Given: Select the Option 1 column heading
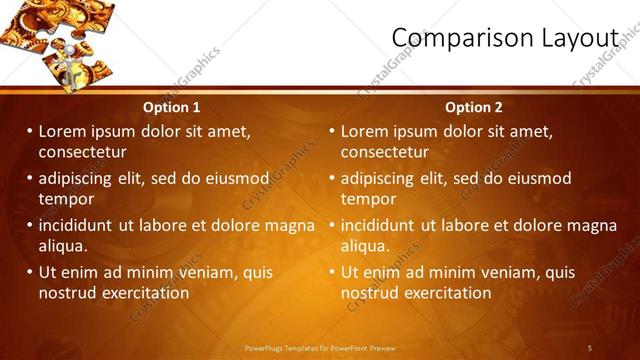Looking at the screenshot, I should (171, 107).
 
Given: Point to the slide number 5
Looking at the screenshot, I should (590, 347).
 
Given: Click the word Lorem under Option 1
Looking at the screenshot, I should (63, 131).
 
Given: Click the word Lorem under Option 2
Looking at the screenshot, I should (365, 131).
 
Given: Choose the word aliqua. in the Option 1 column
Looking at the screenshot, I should (63, 246).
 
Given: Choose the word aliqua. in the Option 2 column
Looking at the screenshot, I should (365, 246).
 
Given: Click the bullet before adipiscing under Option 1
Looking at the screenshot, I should (30, 178).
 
